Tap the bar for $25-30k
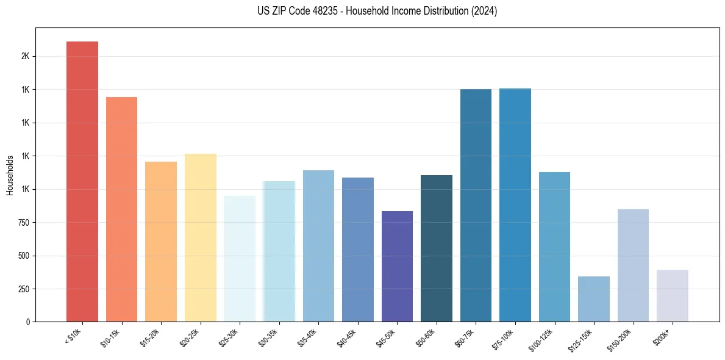pyautogui.click(x=240, y=259)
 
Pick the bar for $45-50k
pyautogui.click(x=397, y=266)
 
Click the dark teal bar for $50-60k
pyautogui.click(x=437, y=248)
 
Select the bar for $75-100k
pyautogui.click(x=515, y=205)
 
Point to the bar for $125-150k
pyautogui.click(x=594, y=299)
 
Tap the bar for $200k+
pyautogui.click(x=673, y=295)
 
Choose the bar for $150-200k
pyautogui.click(x=633, y=265)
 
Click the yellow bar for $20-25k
pyautogui.click(x=201, y=237)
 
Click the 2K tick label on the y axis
pyautogui.click(x=25, y=56)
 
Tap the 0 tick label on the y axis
pyautogui.click(x=27, y=322)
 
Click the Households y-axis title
pyautogui.click(x=10, y=175)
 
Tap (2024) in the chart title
pyautogui.click(x=485, y=11)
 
